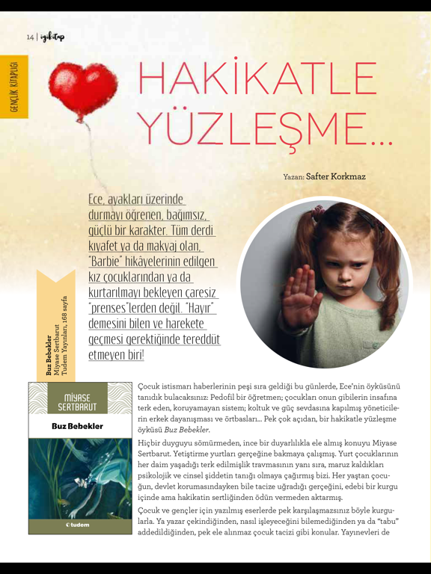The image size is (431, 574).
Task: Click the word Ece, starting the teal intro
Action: pos(97,200)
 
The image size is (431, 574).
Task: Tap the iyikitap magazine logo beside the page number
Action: pos(53,36)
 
